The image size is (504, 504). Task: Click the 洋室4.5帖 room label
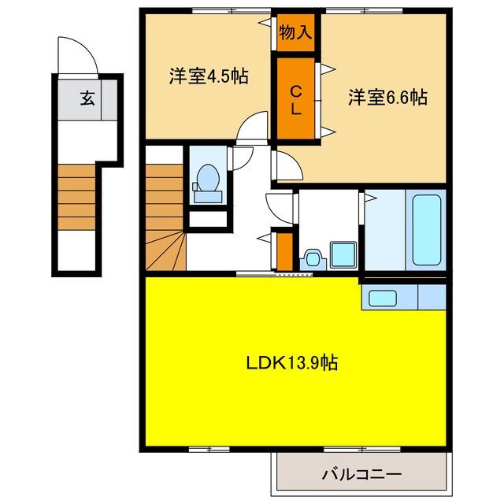coord(208,76)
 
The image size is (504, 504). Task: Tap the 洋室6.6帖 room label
coord(388,98)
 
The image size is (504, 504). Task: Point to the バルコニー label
coord(361,474)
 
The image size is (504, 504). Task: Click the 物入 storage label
coord(296,33)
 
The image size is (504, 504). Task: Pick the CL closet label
coord(296,98)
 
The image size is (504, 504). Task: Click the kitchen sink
coord(383,298)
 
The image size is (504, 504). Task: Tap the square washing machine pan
coord(343,254)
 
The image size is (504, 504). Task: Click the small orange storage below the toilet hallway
coord(284,248)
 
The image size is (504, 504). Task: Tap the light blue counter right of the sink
coord(432,298)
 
